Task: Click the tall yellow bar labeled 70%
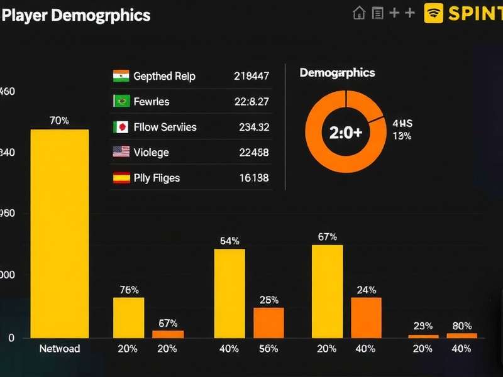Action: click(60, 233)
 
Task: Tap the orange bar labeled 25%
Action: click(268, 322)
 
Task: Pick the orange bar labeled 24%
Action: click(366, 317)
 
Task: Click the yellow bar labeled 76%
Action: click(129, 317)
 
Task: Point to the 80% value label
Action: click(462, 326)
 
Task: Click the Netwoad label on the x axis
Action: click(60, 349)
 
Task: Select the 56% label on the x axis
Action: click(268, 349)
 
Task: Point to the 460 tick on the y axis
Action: click(7, 92)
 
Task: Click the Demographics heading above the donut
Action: click(337, 73)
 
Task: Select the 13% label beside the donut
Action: click(402, 136)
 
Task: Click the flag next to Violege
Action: click(121, 152)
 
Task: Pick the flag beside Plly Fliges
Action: click(121, 178)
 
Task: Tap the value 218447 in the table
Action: click(251, 76)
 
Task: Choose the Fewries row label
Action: click(152, 101)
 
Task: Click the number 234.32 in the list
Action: click(254, 127)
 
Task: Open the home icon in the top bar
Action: click(359, 13)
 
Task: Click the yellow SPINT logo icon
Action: click(434, 13)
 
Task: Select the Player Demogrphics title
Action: click(76, 15)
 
